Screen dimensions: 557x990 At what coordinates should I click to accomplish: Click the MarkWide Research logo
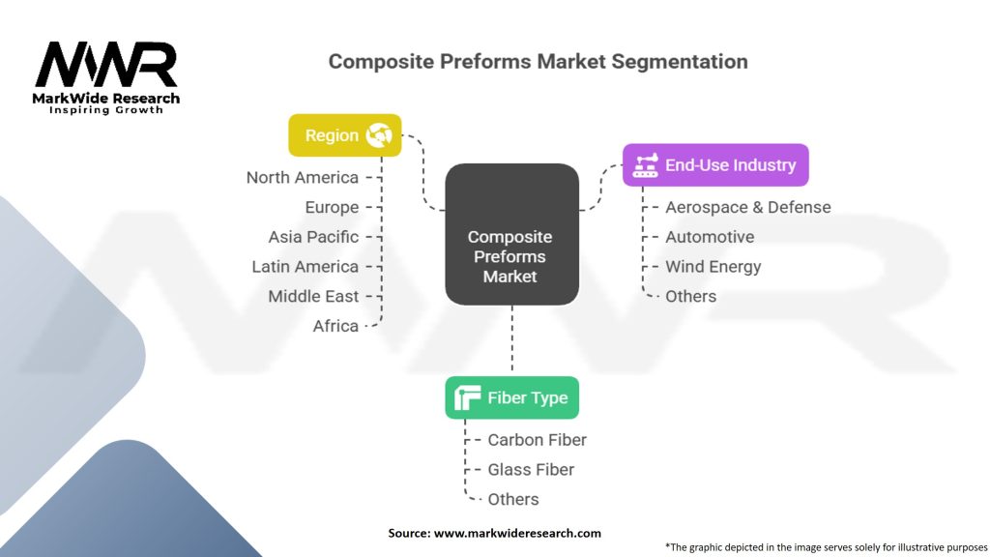[106, 77]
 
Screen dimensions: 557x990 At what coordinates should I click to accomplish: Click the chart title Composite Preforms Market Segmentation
[538, 61]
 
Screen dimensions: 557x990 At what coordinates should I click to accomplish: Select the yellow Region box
[344, 135]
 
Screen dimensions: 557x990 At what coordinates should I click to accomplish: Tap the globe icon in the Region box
[378, 135]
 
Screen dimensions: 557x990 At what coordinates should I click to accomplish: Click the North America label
[302, 177]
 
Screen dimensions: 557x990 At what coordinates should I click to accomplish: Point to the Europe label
[332, 207]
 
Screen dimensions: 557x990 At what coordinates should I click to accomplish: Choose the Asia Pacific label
[313, 237]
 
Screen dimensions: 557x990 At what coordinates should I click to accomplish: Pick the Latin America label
[305, 267]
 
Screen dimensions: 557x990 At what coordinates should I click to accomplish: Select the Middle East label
[313, 296]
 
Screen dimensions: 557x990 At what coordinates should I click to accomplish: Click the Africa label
[335, 326]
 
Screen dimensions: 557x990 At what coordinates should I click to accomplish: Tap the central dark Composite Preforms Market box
[511, 235]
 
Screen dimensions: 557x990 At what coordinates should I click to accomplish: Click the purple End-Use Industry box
[715, 165]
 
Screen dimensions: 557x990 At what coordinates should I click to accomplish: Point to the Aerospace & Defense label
[747, 207]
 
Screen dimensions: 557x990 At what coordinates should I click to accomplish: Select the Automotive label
[710, 237]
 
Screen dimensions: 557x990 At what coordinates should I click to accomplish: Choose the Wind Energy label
[713, 267]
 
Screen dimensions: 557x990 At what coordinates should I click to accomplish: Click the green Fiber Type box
[511, 397]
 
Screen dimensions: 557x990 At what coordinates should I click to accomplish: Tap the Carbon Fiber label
[537, 440]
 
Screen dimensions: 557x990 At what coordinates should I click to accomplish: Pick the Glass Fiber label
[531, 469]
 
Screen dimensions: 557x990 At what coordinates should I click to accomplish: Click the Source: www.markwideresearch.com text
[494, 533]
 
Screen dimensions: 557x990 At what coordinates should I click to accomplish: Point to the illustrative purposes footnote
[826, 546]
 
